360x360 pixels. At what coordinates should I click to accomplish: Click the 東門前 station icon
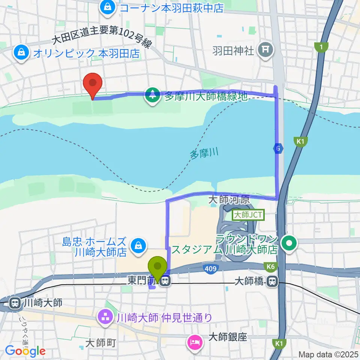pyautogui.click(x=165, y=280)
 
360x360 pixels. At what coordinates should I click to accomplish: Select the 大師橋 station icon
pyautogui.click(x=273, y=281)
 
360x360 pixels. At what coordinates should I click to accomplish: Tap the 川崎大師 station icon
pyautogui.click(x=15, y=302)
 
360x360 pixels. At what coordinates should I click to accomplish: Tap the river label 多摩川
pyautogui.click(x=204, y=154)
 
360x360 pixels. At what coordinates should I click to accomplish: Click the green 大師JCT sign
pyautogui.click(x=249, y=215)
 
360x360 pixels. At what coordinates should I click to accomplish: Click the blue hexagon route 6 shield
pyautogui.click(x=278, y=149)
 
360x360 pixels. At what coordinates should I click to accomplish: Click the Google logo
pyautogui.click(x=25, y=351)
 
